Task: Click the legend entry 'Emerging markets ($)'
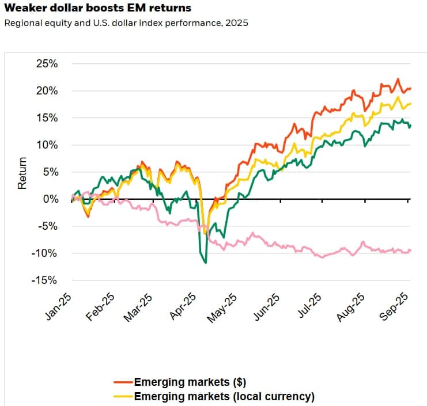tap(182, 382)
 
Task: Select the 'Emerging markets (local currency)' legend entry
tap(224, 396)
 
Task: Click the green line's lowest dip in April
tap(206, 263)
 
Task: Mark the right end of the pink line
tap(410, 250)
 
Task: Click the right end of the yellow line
tap(410, 104)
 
